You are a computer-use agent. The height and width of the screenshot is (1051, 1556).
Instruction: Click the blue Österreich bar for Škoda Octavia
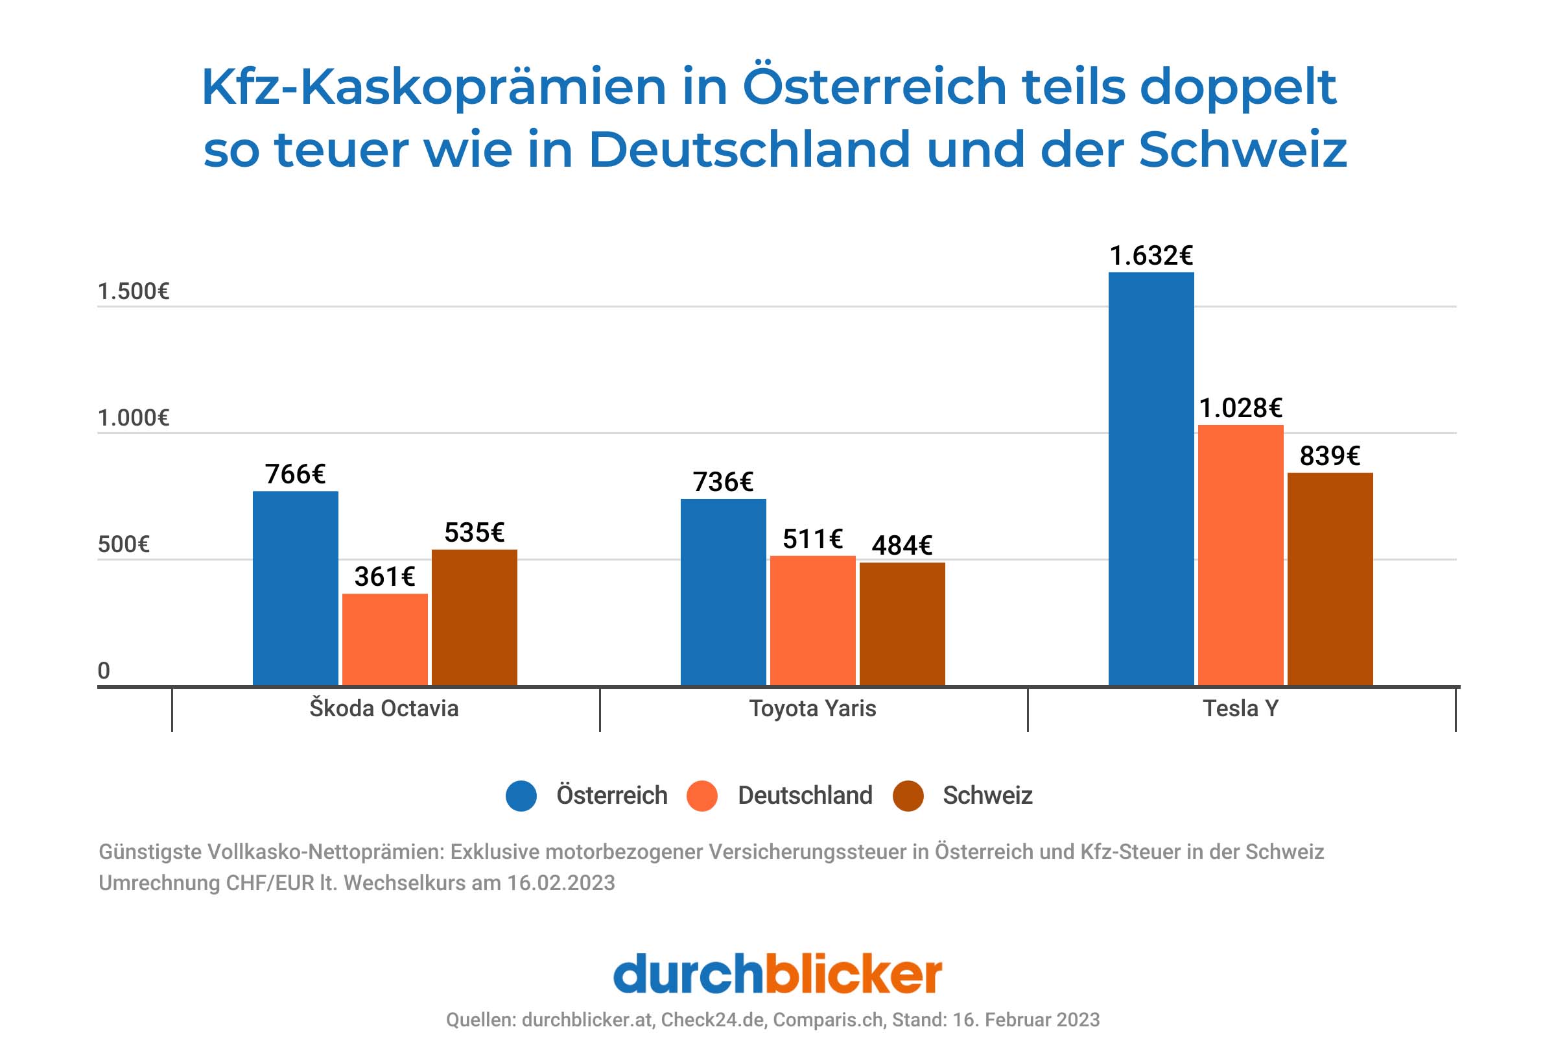295,588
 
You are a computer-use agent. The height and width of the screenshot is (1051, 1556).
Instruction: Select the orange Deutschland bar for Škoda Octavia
384,639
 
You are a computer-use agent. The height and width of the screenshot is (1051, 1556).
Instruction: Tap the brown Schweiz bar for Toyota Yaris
902,623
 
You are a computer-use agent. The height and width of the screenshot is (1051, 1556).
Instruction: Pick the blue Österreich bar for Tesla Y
1151,478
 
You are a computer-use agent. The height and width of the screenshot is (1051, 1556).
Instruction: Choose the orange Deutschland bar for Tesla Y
1240,555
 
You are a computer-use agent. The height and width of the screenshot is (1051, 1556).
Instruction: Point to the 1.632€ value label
1151,256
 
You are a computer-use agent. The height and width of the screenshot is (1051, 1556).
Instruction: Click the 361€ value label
384,577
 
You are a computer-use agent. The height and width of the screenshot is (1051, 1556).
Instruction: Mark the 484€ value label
902,545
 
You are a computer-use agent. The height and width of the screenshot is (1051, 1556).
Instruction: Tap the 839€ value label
1330,456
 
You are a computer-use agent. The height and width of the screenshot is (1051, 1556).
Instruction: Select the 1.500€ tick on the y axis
134,291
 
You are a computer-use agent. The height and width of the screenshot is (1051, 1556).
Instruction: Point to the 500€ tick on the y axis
123,544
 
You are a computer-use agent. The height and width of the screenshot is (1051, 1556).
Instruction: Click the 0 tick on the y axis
104,671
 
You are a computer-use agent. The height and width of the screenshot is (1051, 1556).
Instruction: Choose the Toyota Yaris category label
812,708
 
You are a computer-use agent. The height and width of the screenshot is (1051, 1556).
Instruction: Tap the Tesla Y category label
1241,708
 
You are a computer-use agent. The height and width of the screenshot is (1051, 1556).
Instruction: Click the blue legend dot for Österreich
521,796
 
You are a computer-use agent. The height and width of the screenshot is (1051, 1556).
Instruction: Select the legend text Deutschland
805,796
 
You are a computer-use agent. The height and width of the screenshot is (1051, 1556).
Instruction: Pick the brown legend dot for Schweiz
908,796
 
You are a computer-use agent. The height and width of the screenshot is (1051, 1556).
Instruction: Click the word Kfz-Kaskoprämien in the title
433,87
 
